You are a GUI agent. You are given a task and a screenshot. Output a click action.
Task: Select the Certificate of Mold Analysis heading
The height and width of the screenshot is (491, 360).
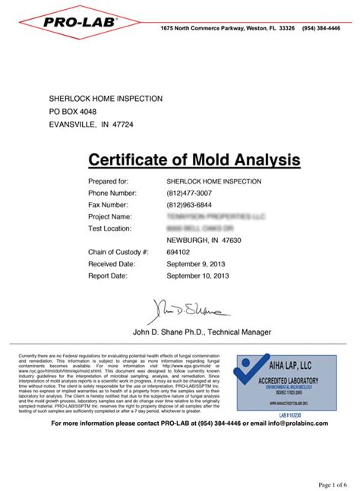[x=194, y=160]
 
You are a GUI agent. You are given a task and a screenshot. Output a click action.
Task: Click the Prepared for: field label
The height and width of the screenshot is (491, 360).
[x=109, y=182]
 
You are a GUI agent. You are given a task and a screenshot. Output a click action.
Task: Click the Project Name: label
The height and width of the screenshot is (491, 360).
[x=111, y=217]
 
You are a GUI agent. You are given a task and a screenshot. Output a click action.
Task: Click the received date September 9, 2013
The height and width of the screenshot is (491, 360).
[x=195, y=263]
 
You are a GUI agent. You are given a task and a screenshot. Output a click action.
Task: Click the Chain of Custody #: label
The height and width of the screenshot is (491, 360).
[x=118, y=252]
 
